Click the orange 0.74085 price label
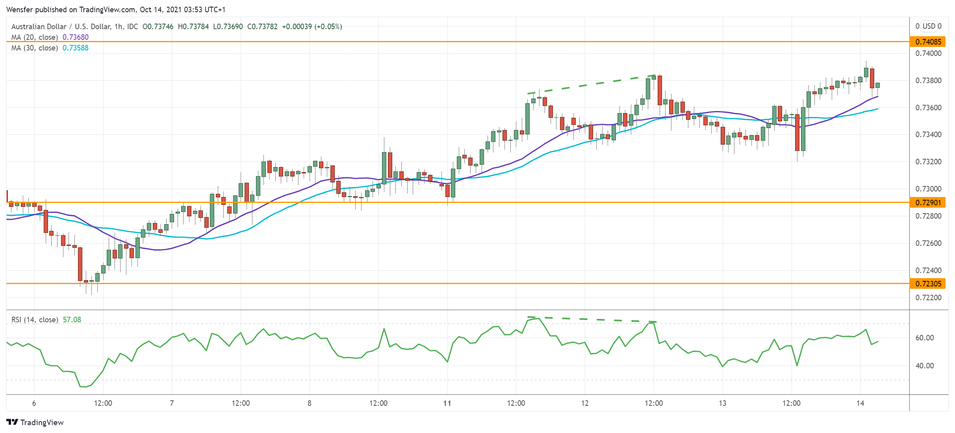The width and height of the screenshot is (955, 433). (928, 42)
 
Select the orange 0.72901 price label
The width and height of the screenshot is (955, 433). (928, 203)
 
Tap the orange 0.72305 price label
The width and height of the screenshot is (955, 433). (928, 284)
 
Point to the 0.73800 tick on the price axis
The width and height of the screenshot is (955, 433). (928, 80)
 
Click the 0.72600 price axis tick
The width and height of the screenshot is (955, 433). (928, 243)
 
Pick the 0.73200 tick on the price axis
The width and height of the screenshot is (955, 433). (928, 162)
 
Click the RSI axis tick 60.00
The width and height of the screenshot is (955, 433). (924, 338)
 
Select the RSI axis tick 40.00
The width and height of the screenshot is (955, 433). (924, 366)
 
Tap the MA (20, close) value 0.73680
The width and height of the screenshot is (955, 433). (76, 37)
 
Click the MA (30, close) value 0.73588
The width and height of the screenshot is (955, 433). (76, 48)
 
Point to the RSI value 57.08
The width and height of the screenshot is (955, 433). (72, 320)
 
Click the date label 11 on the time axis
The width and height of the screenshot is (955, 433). (447, 403)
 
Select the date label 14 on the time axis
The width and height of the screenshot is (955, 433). (860, 403)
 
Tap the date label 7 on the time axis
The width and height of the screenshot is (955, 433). (172, 403)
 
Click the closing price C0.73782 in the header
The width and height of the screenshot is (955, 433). (262, 26)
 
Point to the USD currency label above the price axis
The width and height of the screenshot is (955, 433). (929, 26)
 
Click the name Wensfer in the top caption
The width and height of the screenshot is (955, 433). (20, 9)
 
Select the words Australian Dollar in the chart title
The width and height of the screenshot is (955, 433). (39, 26)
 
